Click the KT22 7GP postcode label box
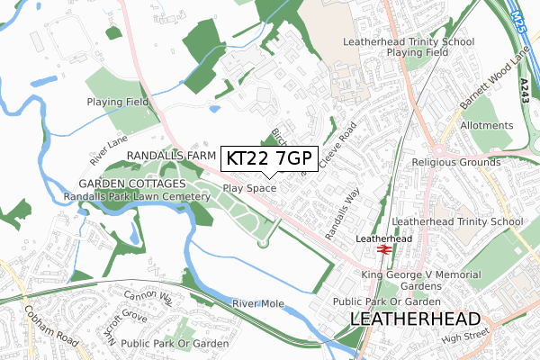(x=267, y=158)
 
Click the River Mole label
(x=257, y=304)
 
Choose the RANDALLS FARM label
(x=167, y=156)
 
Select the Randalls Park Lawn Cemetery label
(x=138, y=197)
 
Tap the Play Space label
(x=249, y=189)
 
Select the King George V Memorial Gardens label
(x=415, y=280)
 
